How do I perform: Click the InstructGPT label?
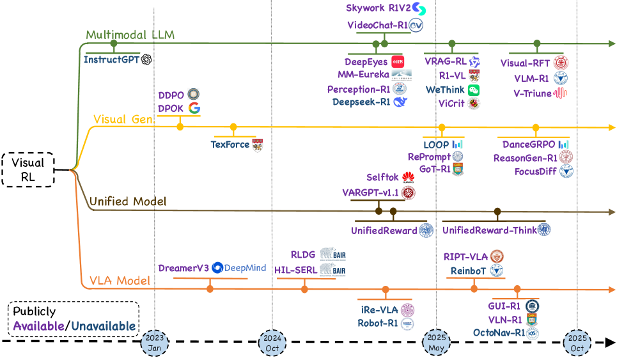click(112, 59)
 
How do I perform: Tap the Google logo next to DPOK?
click(194, 107)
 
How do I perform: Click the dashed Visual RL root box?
click(28, 169)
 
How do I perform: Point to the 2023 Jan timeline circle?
click(155, 343)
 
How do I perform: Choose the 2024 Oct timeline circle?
click(272, 343)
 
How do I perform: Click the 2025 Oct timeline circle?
click(577, 343)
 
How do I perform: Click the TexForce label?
click(230, 145)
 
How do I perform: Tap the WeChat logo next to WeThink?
click(474, 90)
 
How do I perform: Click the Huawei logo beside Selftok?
click(408, 178)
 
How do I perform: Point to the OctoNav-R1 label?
click(499, 333)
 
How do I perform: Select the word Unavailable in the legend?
click(104, 327)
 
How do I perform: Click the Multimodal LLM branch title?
click(130, 35)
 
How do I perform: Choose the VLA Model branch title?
click(120, 281)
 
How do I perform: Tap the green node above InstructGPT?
click(114, 43)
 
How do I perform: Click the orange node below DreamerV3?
click(210, 289)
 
